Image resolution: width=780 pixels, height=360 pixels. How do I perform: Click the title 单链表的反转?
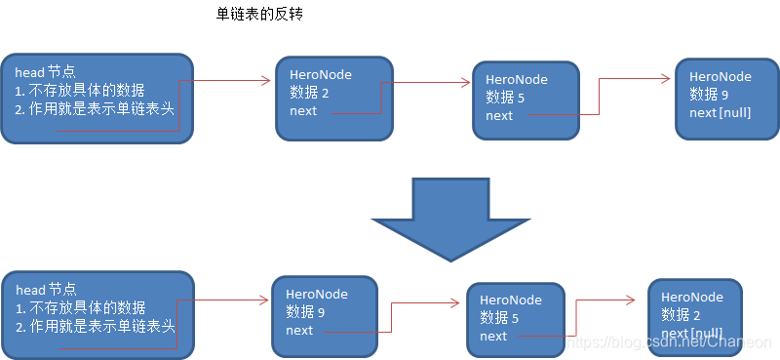point(261,16)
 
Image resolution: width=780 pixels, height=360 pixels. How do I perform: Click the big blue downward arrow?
point(449,218)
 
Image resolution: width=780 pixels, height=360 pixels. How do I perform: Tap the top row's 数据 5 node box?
point(526,98)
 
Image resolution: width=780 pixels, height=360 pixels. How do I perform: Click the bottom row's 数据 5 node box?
point(517,317)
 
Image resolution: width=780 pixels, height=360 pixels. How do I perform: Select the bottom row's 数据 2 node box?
point(694,314)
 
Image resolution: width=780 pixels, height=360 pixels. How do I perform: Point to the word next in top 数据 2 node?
point(303,110)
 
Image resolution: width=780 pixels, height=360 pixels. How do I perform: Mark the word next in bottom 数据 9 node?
point(299,330)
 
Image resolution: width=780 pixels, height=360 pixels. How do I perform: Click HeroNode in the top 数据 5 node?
point(517,80)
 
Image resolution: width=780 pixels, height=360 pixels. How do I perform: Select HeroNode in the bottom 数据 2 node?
point(692,298)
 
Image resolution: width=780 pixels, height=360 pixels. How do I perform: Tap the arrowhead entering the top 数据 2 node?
point(266,81)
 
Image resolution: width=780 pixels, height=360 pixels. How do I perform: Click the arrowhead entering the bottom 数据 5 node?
point(461,303)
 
